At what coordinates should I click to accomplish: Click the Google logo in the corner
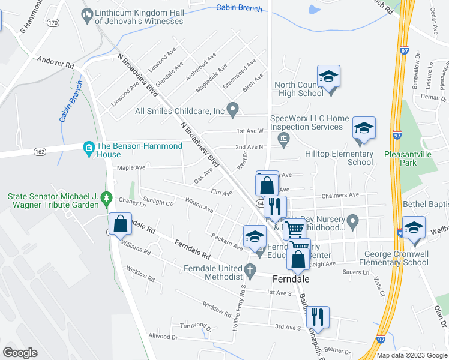pyautogui.click(x=20, y=352)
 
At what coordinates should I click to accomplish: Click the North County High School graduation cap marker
pyautogui.click(x=328, y=77)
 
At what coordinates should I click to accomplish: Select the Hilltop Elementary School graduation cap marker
pyautogui.click(x=363, y=128)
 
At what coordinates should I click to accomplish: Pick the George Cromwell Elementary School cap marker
pyautogui.click(x=414, y=228)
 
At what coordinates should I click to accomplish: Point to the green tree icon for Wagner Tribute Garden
pyautogui.click(x=106, y=197)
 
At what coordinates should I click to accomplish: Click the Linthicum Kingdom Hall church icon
pyautogui.click(x=88, y=14)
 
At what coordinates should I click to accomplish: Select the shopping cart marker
pyautogui.click(x=294, y=229)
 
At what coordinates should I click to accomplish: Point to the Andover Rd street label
pyautogui.click(x=55, y=62)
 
